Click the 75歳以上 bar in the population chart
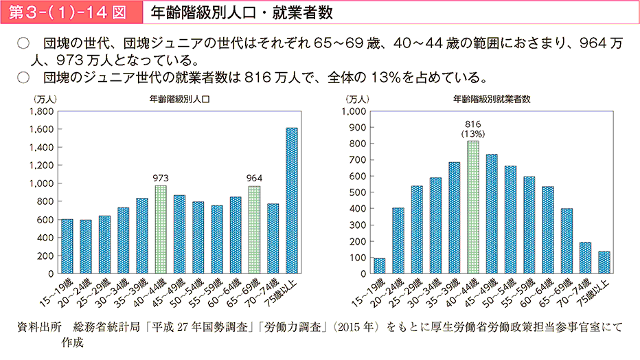[292, 201]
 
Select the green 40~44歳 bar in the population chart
[161, 229]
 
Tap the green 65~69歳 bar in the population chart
[255, 230]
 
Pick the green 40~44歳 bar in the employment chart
[473, 207]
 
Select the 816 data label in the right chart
[473, 124]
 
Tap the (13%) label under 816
[473, 134]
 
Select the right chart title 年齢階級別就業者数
[492, 99]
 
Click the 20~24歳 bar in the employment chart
[398, 240]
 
